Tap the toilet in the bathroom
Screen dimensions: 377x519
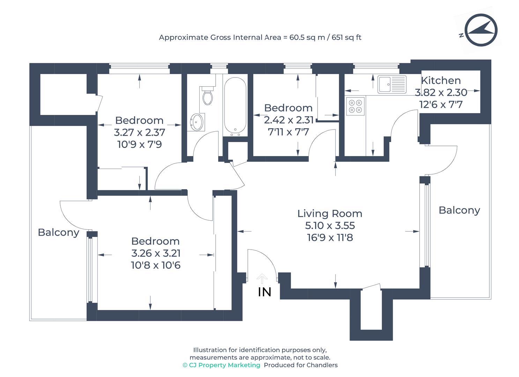pyautogui.click(x=208, y=96)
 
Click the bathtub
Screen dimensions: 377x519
pyautogui.click(x=235, y=106)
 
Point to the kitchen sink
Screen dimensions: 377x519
pyautogui.click(x=392, y=84)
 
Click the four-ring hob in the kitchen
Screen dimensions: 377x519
pyautogui.click(x=355, y=106)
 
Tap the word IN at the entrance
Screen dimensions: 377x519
pyautogui.click(x=265, y=292)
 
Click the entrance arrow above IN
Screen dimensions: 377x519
pyautogui.click(x=262, y=279)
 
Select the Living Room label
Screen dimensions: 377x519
pyautogui.click(x=329, y=213)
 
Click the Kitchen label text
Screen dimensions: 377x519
pyautogui.click(x=440, y=80)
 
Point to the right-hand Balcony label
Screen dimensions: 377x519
pyautogui.click(x=459, y=210)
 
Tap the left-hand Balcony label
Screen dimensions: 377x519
pyautogui.click(x=58, y=232)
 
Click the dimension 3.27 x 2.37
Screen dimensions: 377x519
pyautogui.click(x=139, y=132)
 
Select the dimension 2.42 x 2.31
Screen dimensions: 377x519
pyautogui.click(x=289, y=120)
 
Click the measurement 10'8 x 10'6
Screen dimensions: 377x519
pyautogui.click(x=156, y=265)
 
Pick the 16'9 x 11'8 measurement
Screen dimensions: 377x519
pyautogui.click(x=330, y=238)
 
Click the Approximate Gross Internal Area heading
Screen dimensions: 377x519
pyautogui.click(x=260, y=37)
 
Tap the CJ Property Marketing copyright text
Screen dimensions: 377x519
pyautogui.click(x=221, y=365)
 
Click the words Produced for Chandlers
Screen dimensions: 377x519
pyautogui.click(x=301, y=365)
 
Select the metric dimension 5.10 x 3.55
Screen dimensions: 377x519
pyautogui.click(x=330, y=226)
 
